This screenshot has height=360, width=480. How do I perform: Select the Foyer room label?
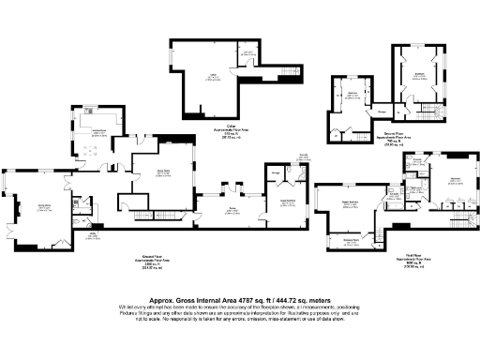(x=231, y=211)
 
